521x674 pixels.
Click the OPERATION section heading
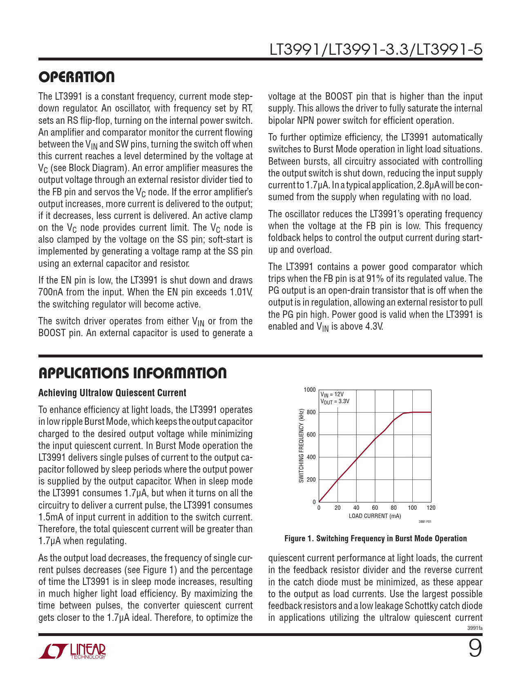click(x=76, y=77)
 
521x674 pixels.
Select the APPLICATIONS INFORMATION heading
click(x=132, y=373)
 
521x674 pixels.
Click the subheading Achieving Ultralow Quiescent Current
click(x=112, y=393)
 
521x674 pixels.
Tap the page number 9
click(x=474, y=648)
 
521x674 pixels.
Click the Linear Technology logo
click(x=72, y=651)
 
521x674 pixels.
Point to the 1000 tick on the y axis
click(x=310, y=390)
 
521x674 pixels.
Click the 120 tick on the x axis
click(x=431, y=508)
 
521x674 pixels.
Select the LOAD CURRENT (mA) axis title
click(x=375, y=516)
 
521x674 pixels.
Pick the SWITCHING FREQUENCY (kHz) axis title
click(x=302, y=446)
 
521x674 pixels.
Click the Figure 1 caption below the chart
click(x=376, y=538)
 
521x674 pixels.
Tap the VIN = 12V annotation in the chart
click(x=332, y=395)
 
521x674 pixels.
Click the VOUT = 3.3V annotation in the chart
click(x=335, y=401)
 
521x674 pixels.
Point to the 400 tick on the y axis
click(x=311, y=457)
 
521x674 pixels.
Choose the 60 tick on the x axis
click(x=375, y=508)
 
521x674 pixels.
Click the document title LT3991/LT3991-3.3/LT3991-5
click(x=376, y=50)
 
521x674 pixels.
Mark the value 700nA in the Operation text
click(x=50, y=292)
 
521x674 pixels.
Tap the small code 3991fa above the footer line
click(x=475, y=628)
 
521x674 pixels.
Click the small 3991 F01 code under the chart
click(x=425, y=522)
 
